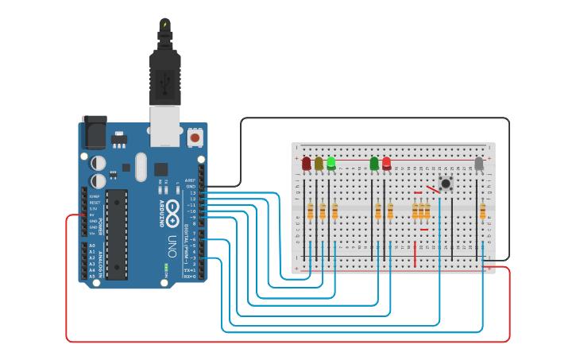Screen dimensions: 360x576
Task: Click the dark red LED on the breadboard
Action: pos(306,164)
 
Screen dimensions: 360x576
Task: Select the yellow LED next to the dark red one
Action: pos(319,164)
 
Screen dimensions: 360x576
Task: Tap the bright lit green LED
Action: pos(331,164)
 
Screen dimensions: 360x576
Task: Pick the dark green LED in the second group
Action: pos(374,164)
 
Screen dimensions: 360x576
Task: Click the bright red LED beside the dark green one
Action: pos(386,164)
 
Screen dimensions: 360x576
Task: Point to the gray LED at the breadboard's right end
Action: pos(478,164)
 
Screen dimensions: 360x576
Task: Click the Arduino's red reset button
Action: pos(195,137)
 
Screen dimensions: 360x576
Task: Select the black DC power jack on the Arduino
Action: pos(94,132)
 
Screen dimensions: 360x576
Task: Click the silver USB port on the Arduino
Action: pos(165,127)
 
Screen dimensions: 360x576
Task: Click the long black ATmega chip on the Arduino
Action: pos(116,234)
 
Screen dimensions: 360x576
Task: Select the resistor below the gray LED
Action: pos(482,211)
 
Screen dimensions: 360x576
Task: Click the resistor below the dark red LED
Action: pos(310,211)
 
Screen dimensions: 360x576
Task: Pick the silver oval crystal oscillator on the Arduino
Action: pos(141,167)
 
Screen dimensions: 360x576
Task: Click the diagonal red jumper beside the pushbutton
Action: pos(433,190)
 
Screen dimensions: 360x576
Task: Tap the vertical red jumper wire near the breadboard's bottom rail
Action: pos(415,254)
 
